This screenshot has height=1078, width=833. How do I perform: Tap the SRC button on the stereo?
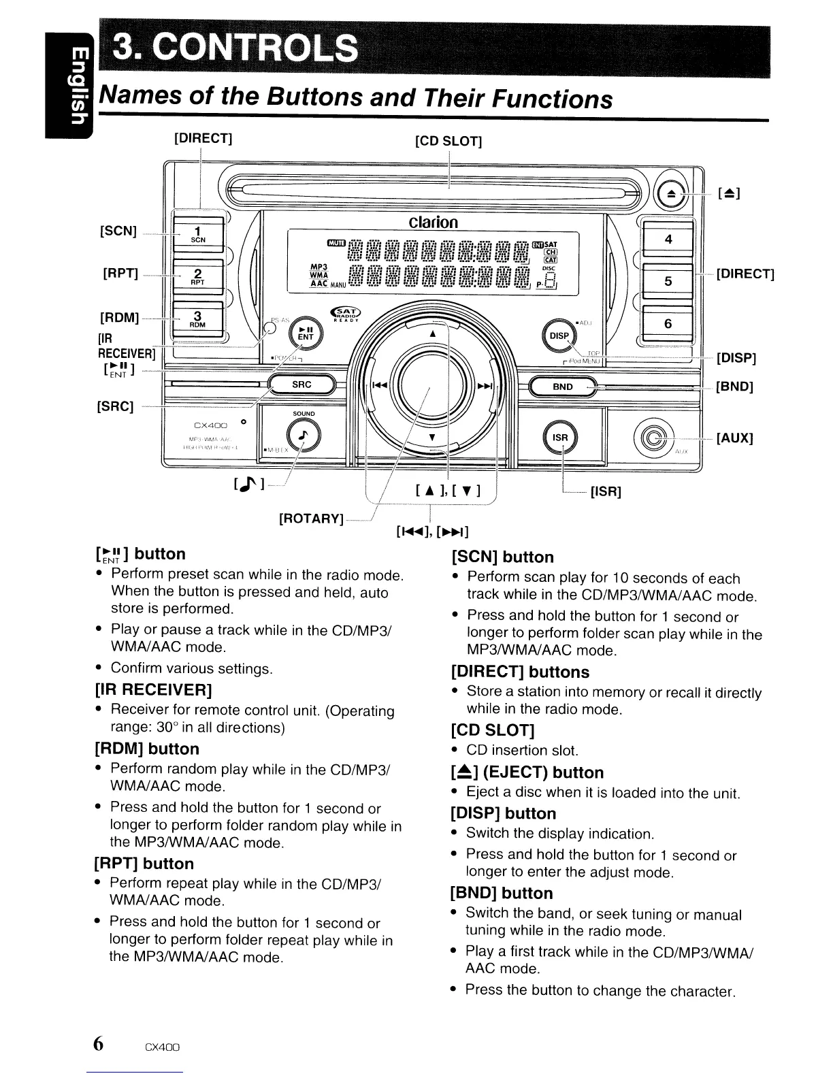[301, 385]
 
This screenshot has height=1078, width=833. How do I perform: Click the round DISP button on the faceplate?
[559, 335]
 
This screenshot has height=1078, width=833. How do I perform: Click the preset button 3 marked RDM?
[197, 318]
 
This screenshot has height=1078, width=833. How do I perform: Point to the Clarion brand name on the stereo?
[433, 222]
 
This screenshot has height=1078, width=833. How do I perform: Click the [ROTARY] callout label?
[310, 519]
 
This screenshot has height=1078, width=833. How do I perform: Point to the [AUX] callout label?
[734, 438]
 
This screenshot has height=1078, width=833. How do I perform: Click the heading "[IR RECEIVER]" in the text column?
[154, 690]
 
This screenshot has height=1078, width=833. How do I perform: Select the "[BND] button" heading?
[502, 893]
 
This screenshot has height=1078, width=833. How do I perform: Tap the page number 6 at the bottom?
[99, 1043]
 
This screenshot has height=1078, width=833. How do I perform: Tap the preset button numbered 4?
[668, 239]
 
